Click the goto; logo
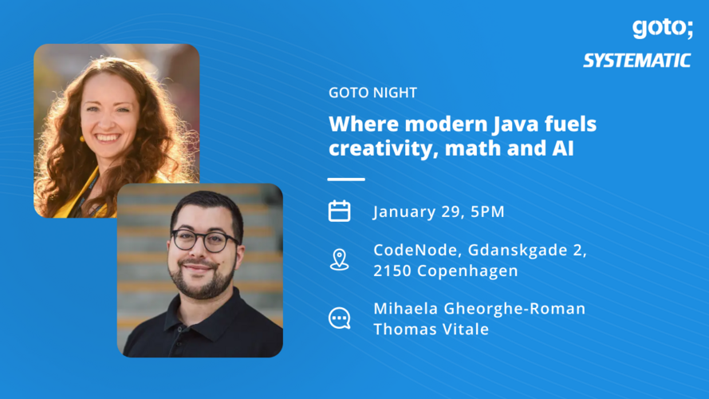click(x=661, y=28)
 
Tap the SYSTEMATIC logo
click(x=636, y=61)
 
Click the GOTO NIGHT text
click(x=372, y=93)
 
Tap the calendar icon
click(x=340, y=211)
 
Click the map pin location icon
click(x=340, y=259)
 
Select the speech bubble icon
click(x=340, y=318)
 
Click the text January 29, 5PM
click(x=439, y=211)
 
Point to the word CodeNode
click(x=409, y=250)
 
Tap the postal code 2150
click(x=391, y=271)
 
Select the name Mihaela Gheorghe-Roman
click(x=479, y=308)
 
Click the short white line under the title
click(x=345, y=179)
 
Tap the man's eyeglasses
click(x=205, y=239)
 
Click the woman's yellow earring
click(x=81, y=138)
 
